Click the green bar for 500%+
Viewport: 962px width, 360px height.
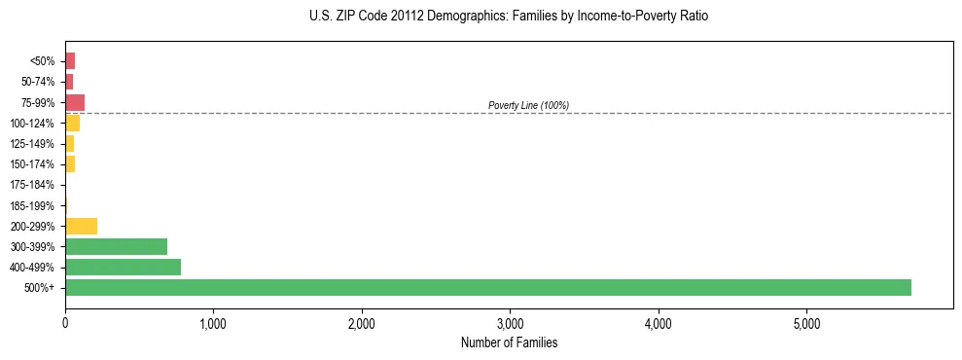pyautogui.click(x=487, y=287)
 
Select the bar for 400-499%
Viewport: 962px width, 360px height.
pyautogui.click(x=123, y=267)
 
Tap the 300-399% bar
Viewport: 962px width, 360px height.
pyautogui.click(x=116, y=246)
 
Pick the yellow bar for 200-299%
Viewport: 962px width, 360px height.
pyautogui.click(x=81, y=226)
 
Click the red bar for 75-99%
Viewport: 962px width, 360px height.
pyautogui.click(x=75, y=102)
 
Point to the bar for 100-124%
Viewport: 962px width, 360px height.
pyautogui.click(x=72, y=123)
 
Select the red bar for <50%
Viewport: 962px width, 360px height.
pyautogui.click(x=70, y=61)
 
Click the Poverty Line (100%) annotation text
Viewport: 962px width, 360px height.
pyautogui.click(x=528, y=105)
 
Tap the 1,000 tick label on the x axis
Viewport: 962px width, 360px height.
pyautogui.click(x=213, y=323)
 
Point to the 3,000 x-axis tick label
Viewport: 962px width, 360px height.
pyautogui.click(x=510, y=323)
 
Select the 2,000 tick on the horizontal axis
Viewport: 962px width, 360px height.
pyautogui.click(x=362, y=323)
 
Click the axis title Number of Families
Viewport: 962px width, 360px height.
pyautogui.click(x=509, y=342)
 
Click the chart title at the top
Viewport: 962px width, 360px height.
pyautogui.click(x=509, y=17)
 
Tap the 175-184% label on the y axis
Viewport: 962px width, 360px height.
pyautogui.click(x=32, y=185)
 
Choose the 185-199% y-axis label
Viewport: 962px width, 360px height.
pyautogui.click(x=32, y=205)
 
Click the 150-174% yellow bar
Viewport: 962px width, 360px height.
pyautogui.click(x=70, y=163)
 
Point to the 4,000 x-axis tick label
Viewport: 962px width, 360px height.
pyautogui.click(x=659, y=323)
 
